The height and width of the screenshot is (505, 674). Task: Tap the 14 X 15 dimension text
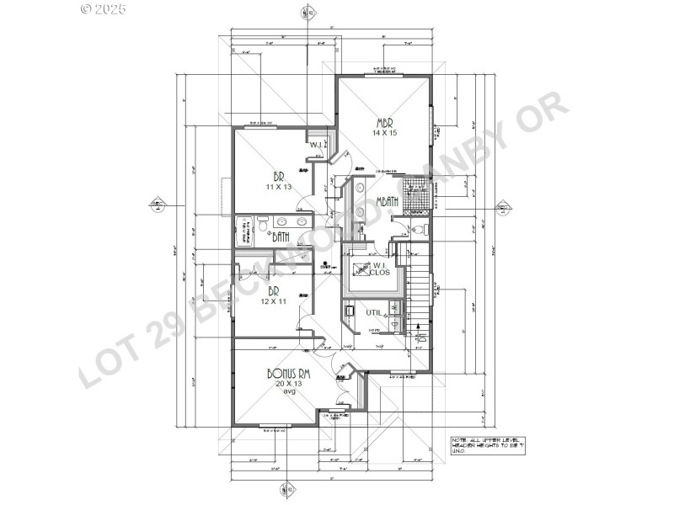385,133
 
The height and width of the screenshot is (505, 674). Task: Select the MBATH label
387,201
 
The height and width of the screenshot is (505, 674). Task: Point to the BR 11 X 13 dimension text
277,186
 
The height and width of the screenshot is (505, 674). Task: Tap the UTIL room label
373,313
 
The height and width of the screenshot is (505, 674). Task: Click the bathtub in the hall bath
244,230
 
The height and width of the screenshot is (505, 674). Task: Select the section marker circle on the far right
503,208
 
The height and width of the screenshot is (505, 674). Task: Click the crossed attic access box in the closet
361,269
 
